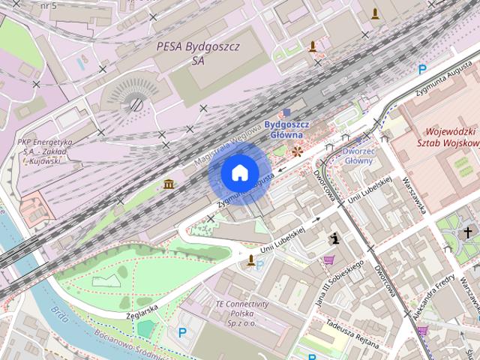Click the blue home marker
(238, 173)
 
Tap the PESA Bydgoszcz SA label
(198, 52)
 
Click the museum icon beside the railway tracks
(169, 184)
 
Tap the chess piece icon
(334, 238)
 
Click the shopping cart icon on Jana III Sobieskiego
(328, 260)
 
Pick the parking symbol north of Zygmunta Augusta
(422, 70)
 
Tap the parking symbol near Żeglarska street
(181, 332)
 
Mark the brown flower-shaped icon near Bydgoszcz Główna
(298, 151)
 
